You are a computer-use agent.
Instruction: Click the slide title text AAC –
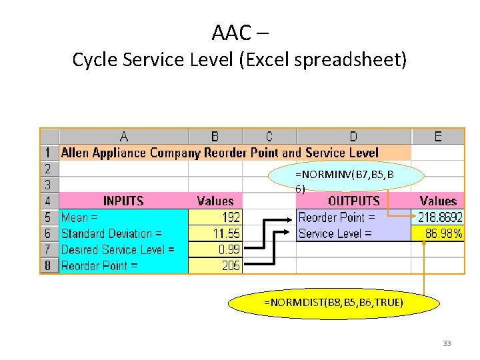[x=240, y=31]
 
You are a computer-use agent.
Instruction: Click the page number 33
[x=446, y=343]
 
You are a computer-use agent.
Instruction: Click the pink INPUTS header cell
[x=124, y=201]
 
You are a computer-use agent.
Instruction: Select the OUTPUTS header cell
[x=353, y=201]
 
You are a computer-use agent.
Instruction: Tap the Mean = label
[x=80, y=217]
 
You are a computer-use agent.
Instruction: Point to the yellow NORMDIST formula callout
[x=333, y=303]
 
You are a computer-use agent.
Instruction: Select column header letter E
[x=437, y=137]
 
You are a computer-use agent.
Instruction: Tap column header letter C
[x=269, y=137]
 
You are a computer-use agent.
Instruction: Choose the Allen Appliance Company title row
[x=220, y=153]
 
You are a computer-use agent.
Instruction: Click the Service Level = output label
[x=335, y=233]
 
